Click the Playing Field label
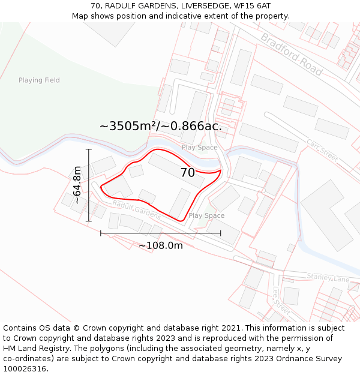pyautogui.click(x=39, y=80)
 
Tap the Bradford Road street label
pyautogui.click(x=292, y=55)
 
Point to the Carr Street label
pyautogui.click(x=322, y=150)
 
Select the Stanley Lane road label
pyautogui.click(x=328, y=277)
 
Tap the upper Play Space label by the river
pyautogui.click(x=199, y=148)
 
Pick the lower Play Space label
pyautogui.click(x=206, y=215)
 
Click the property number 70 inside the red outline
pyautogui.click(x=187, y=173)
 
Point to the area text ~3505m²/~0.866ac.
pyautogui.click(x=161, y=126)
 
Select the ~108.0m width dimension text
pyautogui.click(x=161, y=245)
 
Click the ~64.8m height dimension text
pyautogui.click(x=77, y=185)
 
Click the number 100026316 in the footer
pyautogui.click(x=25, y=369)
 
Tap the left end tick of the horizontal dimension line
pyautogui.click(x=101, y=233)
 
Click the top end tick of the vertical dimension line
pyautogui.click(x=89, y=149)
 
